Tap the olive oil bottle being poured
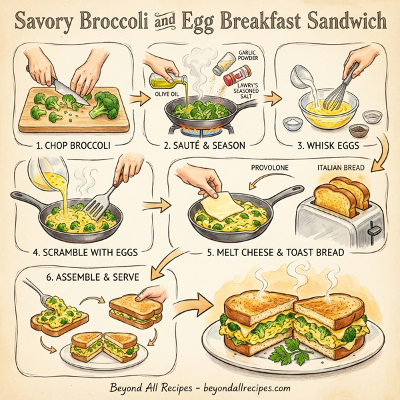click(x=165, y=81)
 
